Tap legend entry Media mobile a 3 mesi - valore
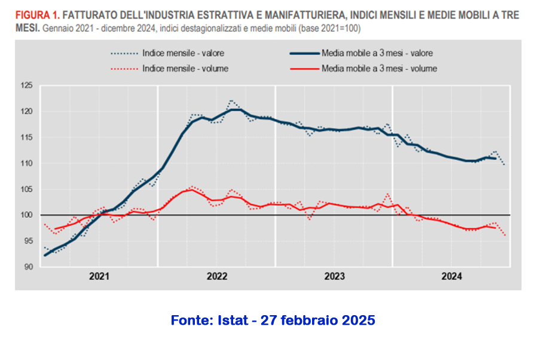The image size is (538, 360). click(x=376, y=53)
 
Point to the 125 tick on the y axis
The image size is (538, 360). click(x=26, y=86)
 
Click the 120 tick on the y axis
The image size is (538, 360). click(x=26, y=111)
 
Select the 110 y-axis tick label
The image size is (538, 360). click(x=26, y=163)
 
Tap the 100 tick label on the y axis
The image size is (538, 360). click(x=26, y=215)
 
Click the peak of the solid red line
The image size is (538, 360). click(x=190, y=190)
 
